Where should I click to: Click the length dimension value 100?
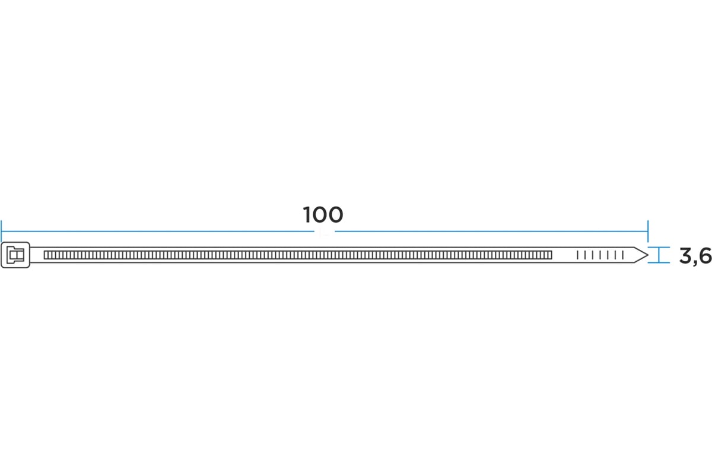click(x=323, y=215)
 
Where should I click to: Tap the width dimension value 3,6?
click(x=695, y=256)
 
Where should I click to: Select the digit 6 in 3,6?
click(x=705, y=256)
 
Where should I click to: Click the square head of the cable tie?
click(x=15, y=255)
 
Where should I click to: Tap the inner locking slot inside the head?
click(x=15, y=255)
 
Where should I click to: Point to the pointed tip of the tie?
click(x=647, y=255)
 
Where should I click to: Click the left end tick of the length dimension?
click(x=1, y=231)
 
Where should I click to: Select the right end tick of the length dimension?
click(x=648, y=231)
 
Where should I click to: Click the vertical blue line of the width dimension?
click(x=659, y=255)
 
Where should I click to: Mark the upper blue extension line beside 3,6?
click(x=659, y=247)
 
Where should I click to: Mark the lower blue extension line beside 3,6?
click(x=659, y=263)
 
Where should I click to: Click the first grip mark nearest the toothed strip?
click(x=577, y=255)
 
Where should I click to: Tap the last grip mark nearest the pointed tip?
click(x=623, y=255)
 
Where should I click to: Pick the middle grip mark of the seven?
click(x=600, y=255)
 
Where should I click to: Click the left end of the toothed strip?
click(x=44, y=255)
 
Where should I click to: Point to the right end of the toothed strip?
click(x=552, y=255)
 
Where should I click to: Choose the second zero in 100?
click(x=335, y=215)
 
